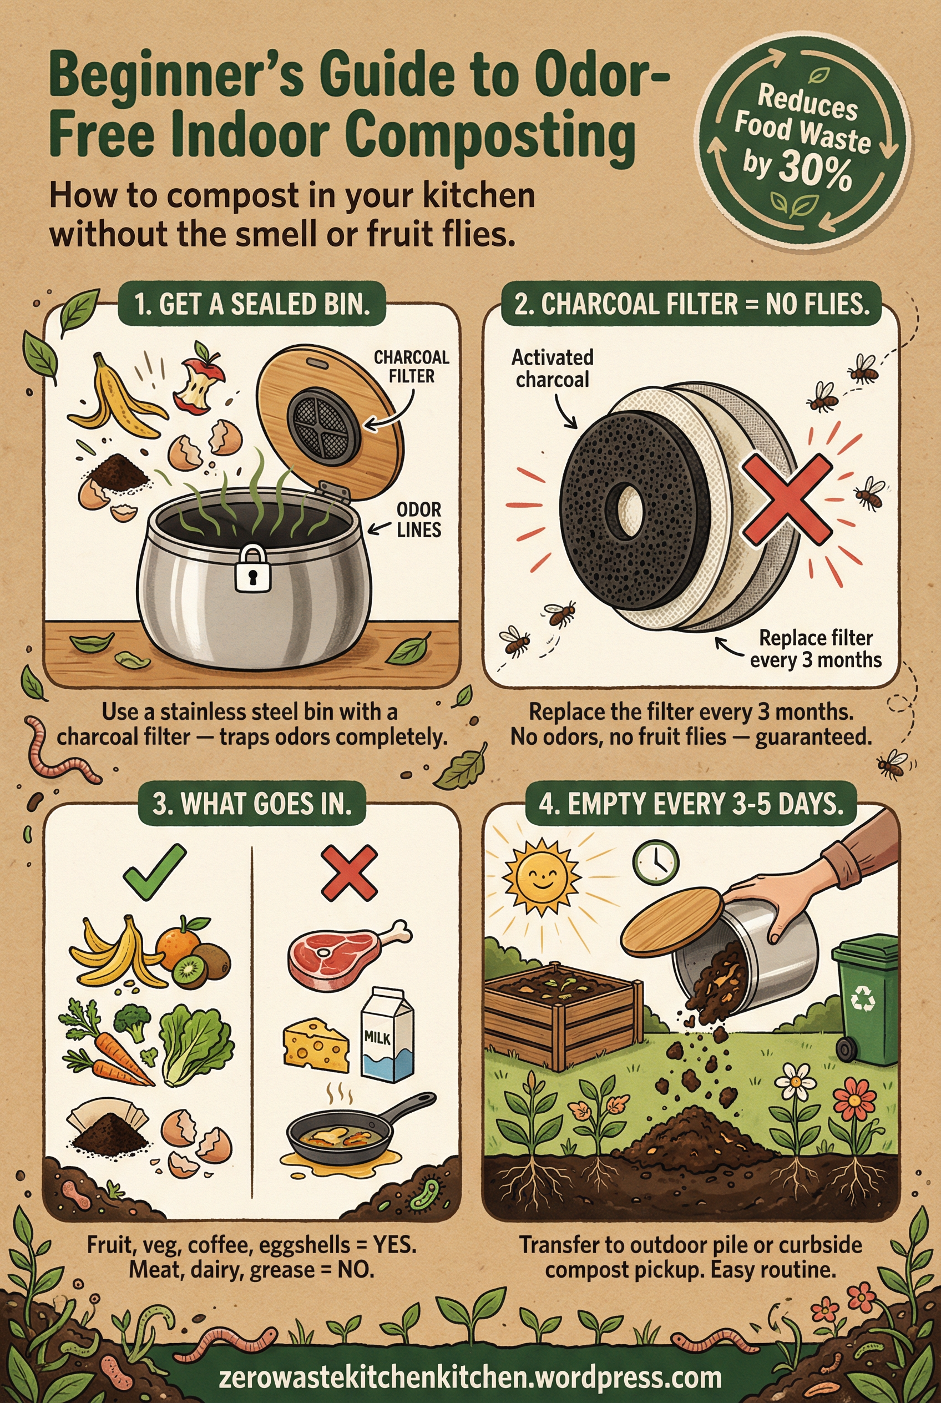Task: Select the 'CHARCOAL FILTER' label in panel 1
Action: [411, 366]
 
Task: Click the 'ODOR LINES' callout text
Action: [418, 520]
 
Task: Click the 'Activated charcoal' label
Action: [552, 368]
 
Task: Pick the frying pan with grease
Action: [348, 1132]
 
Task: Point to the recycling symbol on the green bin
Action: [863, 999]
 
